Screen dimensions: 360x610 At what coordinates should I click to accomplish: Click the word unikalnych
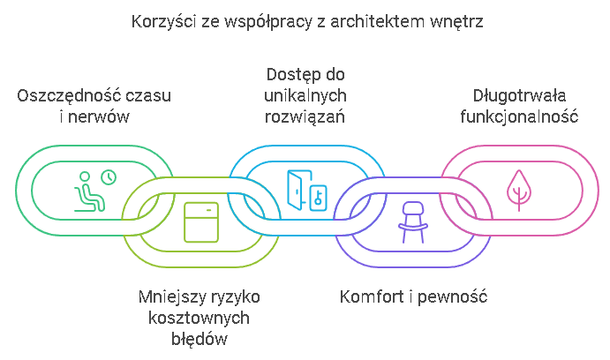305,95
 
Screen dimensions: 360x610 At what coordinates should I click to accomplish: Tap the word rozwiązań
305,116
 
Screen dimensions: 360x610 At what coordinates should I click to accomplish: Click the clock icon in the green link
109,177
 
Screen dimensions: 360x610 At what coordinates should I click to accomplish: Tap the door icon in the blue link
298,188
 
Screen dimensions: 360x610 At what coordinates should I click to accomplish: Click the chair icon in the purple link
411,219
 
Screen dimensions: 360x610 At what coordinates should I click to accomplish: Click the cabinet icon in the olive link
200,221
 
